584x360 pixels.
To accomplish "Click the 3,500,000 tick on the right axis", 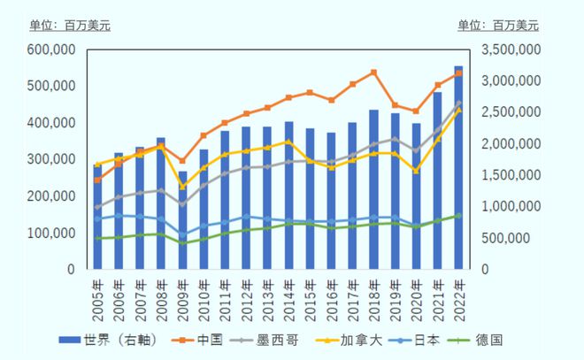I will [x=511, y=50].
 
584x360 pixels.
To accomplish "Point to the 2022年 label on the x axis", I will [x=459, y=293].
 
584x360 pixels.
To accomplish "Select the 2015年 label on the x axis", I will [x=311, y=293].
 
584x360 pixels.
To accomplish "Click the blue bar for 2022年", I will [x=459, y=168].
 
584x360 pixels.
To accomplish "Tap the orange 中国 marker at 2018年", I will [x=374, y=72].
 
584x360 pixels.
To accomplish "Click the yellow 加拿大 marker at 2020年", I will [x=416, y=171].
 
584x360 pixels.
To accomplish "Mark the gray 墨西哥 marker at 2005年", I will [x=97, y=207].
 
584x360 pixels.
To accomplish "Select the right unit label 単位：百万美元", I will [x=499, y=25].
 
